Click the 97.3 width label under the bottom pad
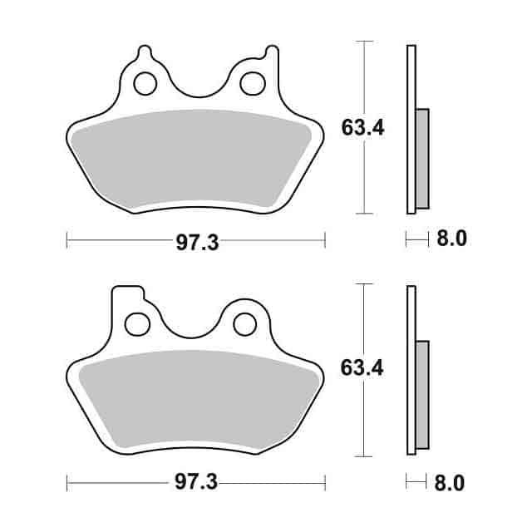196,483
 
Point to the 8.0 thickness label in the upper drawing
451,239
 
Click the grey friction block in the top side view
421,158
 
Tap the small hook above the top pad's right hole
268,54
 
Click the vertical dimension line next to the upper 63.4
363,83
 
